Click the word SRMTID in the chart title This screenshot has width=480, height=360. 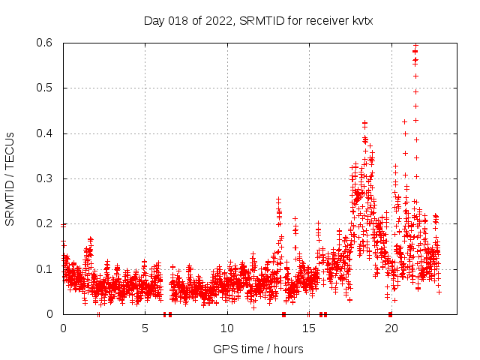pos(262,21)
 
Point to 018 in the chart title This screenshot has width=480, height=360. pos(177,21)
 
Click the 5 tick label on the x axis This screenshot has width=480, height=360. pos(145,328)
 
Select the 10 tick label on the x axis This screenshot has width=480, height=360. pos(226,328)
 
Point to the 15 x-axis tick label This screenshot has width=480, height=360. pos(308,328)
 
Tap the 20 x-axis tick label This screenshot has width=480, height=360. pos(390,328)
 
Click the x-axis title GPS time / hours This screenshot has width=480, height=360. pos(258,349)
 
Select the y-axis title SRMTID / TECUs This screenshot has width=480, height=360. pos(10,178)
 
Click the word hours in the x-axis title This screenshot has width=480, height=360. pos(288,349)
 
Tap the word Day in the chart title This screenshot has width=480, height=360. pos(154,21)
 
